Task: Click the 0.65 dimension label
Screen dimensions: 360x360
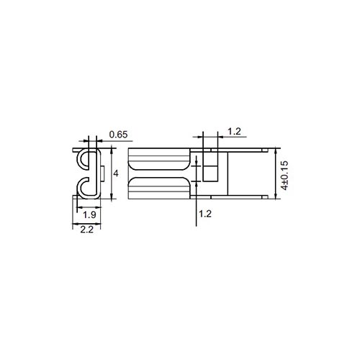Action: pyautogui.click(x=118, y=135)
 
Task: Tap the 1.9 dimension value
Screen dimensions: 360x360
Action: pyautogui.click(x=89, y=215)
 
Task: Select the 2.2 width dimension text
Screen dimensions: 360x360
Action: pyautogui.click(x=87, y=230)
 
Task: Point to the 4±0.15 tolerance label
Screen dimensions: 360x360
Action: pyautogui.click(x=284, y=176)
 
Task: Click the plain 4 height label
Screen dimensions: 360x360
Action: pyautogui.click(x=116, y=174)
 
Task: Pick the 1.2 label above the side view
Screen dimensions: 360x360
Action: pyautogui.click(x=234, y=132)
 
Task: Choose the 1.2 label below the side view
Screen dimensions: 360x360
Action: pyautogui.click(x=205, y=214)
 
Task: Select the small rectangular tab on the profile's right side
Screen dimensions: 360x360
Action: pyautogui.click(x=102, y=174)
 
